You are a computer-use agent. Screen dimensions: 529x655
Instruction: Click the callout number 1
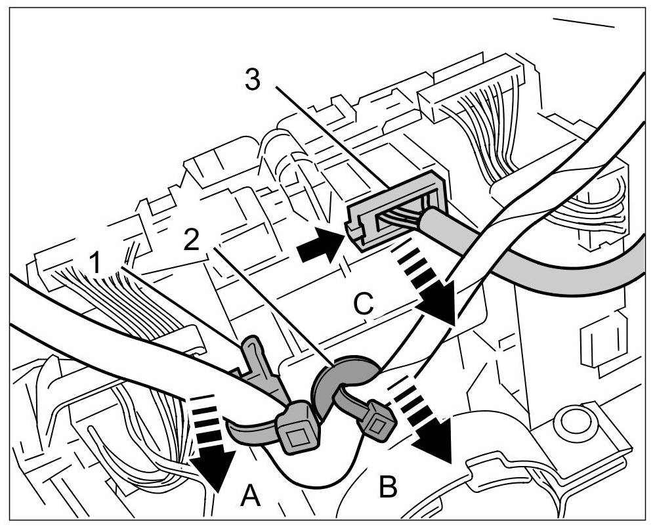pyautogui.click(x=96, y=263)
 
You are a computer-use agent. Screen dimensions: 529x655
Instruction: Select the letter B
pyautogui.click(x=388, y=488)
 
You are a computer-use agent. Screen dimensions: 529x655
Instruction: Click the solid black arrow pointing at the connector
pyautogui.click(x=318, y=249)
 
